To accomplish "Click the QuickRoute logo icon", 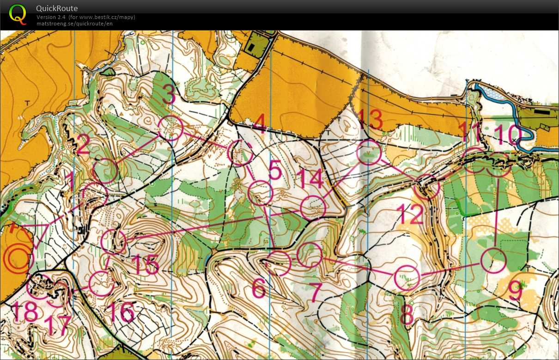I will click(x=18, y=13).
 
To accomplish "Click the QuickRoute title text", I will click(x=57, y=8).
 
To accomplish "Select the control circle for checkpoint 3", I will click(x=170, y=128).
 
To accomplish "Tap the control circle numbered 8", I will click(x=407, y=278).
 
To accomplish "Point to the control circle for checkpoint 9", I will click(x=494, y=260).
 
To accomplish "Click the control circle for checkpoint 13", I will click(x=369, y=153).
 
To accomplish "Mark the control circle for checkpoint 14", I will click(x=313, y=207).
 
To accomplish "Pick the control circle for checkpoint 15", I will click(x=113, y=241).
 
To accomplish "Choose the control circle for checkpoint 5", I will click(x=261, y=193).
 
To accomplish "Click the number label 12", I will click(x=409, y=214).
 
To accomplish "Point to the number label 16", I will click(x=121, y=313).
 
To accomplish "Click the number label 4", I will click(x=260, y=124).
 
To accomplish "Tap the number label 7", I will click(x=316, y=292).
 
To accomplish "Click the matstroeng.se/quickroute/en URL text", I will click(x=75, y=24).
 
